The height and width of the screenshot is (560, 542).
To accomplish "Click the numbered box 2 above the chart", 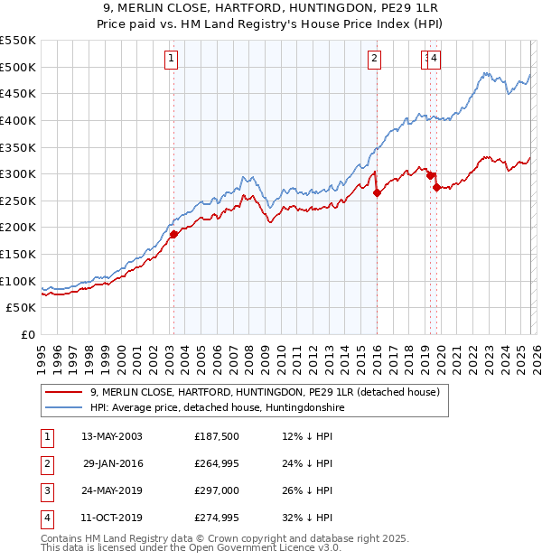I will (374, 60).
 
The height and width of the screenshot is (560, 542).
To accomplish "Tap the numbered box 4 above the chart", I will (435, 60).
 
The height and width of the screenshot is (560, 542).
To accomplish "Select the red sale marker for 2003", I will (173, 234).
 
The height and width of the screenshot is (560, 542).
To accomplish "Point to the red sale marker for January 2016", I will (377, 192).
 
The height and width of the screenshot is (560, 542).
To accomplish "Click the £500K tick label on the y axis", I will (18, 67).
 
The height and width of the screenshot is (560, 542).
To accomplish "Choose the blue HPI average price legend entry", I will (217, 408).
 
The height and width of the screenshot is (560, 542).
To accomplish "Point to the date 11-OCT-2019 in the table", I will (112, 518).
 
